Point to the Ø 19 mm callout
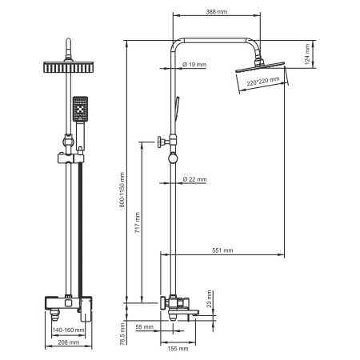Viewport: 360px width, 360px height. pos(194,63)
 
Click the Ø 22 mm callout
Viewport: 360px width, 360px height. pos(194,180)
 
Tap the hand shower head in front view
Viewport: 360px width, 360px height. pos(81,110)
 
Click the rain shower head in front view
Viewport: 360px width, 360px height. pos(68,70)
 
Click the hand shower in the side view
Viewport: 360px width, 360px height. pos(178,106)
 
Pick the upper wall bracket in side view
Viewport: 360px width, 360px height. pos(164,142)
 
